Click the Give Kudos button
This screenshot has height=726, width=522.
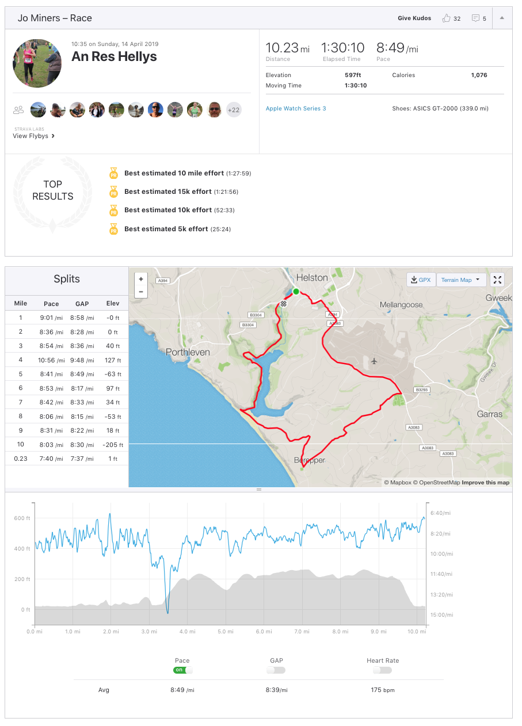414,18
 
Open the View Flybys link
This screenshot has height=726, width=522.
33,136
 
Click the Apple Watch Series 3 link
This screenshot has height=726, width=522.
296,109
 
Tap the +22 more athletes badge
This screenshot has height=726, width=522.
234,109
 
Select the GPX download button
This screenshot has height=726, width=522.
421,280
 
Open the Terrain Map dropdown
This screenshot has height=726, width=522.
461,280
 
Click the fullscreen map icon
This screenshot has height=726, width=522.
498,280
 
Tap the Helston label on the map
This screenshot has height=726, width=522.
312,278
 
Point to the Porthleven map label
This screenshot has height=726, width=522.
188,352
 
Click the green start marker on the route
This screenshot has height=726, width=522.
296,292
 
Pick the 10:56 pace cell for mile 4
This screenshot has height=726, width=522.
51,360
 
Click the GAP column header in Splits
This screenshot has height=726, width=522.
82,304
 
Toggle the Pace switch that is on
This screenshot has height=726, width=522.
182,670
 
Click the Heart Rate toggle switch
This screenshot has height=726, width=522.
382,670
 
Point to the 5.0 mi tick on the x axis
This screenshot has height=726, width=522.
225,631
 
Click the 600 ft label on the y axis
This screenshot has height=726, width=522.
22,518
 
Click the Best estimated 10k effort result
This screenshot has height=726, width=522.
168,210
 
